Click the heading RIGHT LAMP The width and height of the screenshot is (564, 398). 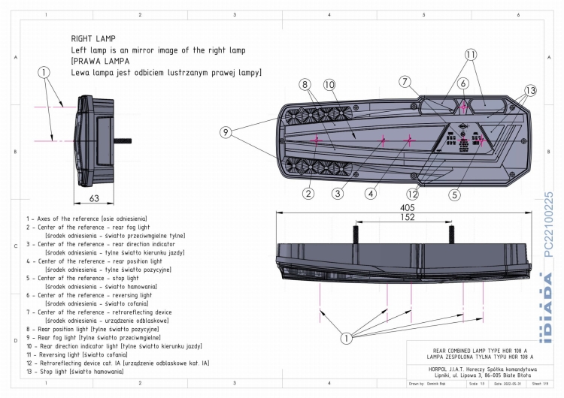pos(93,37)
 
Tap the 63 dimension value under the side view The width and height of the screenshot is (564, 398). pos(94,200)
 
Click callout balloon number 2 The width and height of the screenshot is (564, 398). pos(308,194)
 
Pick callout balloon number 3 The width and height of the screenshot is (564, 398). pos(339,194)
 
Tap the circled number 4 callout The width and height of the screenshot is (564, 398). pos(371,194)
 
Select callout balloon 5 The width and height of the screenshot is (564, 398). pos(454,194)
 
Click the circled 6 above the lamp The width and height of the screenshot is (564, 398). pos(463,84)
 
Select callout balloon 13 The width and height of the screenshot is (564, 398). pos(532,91)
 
